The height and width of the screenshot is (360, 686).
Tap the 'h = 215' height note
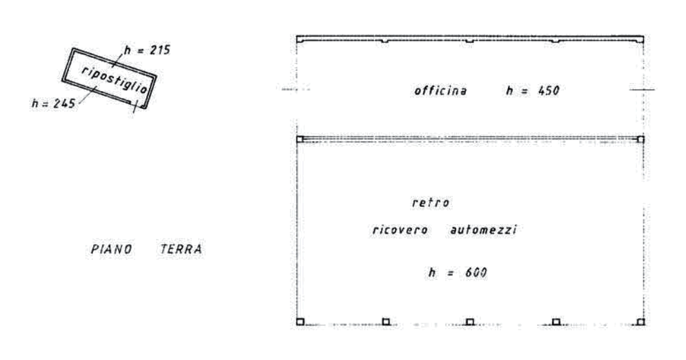coord(146,50)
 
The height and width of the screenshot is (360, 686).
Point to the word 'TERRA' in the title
coord(181,249)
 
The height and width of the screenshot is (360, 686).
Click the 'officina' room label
coord(441,90)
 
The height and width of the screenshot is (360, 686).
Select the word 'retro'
coord(432,204)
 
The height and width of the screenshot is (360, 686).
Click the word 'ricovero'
coord(400,232)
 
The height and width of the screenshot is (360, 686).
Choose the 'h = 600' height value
coord(457,274)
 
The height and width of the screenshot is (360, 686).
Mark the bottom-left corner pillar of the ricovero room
coord(300,321)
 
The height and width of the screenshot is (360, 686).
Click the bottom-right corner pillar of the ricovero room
coord(640,321)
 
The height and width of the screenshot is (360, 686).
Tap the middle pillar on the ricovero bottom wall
coord(469,321)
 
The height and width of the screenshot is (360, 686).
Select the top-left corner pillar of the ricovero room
coord(300,139)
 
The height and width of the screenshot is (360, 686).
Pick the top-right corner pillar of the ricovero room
coord(640,139)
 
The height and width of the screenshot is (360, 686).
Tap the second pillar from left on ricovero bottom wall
coord(386,321)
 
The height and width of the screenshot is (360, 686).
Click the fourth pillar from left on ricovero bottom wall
coord(556,321)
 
